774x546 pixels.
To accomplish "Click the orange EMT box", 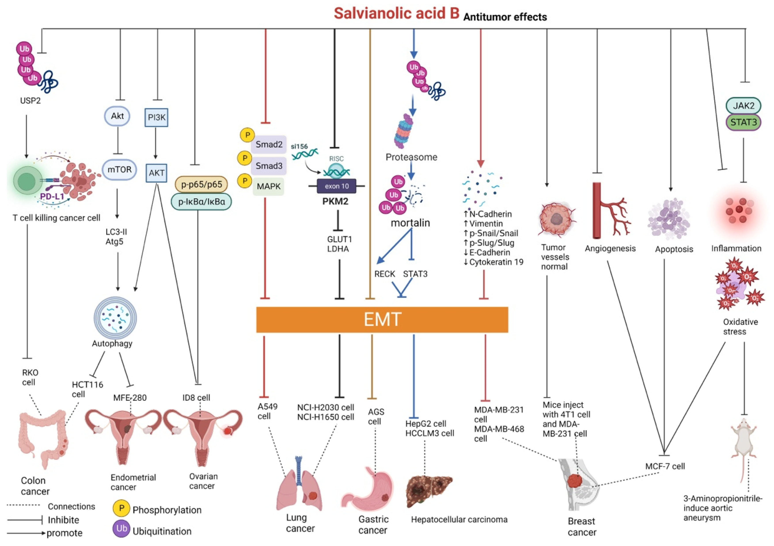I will point(382,319).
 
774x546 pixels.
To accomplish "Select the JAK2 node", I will point(743,106).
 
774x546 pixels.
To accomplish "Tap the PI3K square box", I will point(156,117).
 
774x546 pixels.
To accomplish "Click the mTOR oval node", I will point(119,169).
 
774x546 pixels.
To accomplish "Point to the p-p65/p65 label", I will point(201,184).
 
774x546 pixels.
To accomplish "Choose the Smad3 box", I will point(269,166).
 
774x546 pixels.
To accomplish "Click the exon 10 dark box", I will point(336,186).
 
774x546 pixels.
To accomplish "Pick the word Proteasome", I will point(411,157).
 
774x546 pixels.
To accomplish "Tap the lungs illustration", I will point(299,486).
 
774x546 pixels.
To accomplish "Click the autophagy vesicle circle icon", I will point(115,318).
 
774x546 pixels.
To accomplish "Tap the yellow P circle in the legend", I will point(121,508).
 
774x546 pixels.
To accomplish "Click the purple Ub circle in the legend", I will point(121,529).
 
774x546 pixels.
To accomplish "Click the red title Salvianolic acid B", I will point(396,13).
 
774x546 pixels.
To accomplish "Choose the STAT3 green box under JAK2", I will point(743,122).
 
